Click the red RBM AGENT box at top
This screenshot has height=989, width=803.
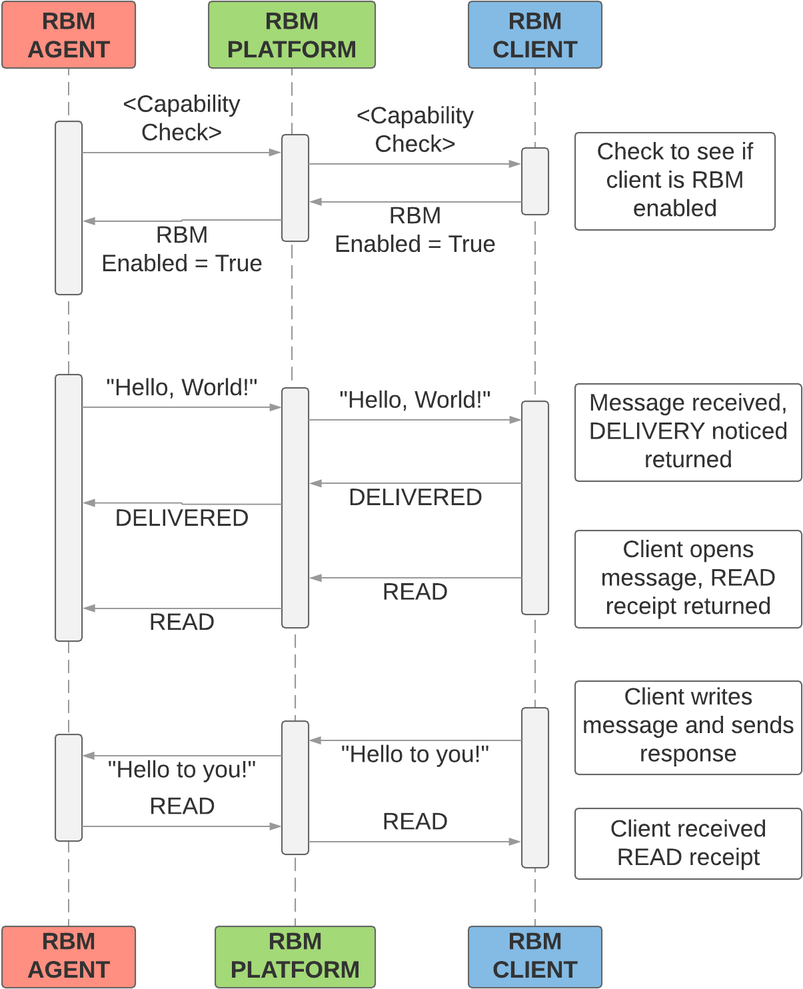coord(69,35)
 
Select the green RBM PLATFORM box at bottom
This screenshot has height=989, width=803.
coord(295,956)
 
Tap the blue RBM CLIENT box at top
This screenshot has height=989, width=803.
coord(535,35)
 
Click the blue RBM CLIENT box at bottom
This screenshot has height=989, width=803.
coord(535,956)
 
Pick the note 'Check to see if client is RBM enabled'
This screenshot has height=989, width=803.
coord(674,181)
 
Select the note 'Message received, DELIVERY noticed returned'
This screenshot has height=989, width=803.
coord(688,432)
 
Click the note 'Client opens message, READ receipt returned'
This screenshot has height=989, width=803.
coord(688,578)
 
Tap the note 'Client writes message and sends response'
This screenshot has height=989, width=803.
coord(688,726)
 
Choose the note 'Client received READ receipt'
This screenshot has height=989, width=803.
coord(688,843)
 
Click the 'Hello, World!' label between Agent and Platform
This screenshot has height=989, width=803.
coord(181,388)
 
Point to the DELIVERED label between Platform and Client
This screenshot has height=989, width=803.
coord(414,497)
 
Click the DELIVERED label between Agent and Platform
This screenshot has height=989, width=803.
coord(181,518)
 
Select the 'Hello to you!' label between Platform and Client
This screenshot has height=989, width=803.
coord(414,754)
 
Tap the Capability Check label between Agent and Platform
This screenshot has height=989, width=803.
coord(181,118)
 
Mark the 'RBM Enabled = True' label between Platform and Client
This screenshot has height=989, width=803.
coord(414,231)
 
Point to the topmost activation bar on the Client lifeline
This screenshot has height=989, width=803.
coord(535,181)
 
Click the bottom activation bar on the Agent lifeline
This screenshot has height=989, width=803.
coord(69,787)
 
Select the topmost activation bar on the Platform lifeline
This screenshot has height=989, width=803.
coord(295,188)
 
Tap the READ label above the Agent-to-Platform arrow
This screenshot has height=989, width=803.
coord(182,806)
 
